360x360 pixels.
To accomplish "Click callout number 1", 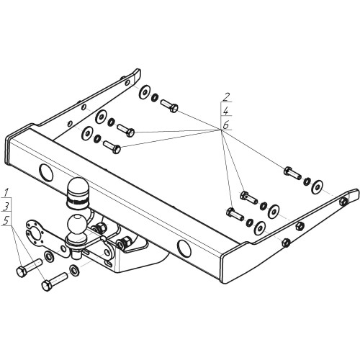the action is coord(6,193).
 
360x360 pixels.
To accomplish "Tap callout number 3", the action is coord(6,207).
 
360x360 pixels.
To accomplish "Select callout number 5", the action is coord(6,220).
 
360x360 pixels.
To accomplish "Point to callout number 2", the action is coord(226,96).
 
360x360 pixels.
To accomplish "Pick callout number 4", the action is coord(226,111).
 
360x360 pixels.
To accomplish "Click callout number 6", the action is coord(226,125).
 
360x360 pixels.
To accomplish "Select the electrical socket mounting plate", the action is coord(45,238).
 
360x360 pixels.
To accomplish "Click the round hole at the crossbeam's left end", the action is coord(46,173).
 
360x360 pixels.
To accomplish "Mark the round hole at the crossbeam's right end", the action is coord(184,248).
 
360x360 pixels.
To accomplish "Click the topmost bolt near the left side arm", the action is coord(169,106).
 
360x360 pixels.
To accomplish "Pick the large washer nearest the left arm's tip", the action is coord(144,92).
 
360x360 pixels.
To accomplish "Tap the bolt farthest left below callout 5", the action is coord(30,268).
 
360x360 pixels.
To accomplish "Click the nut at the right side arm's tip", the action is coord(343,202).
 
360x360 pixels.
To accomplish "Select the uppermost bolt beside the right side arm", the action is coord(292,173).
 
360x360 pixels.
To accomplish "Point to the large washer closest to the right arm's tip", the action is coord(318,186).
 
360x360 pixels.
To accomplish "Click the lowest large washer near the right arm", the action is coord(260,228).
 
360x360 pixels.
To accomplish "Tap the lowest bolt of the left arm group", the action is coord(112,147).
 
